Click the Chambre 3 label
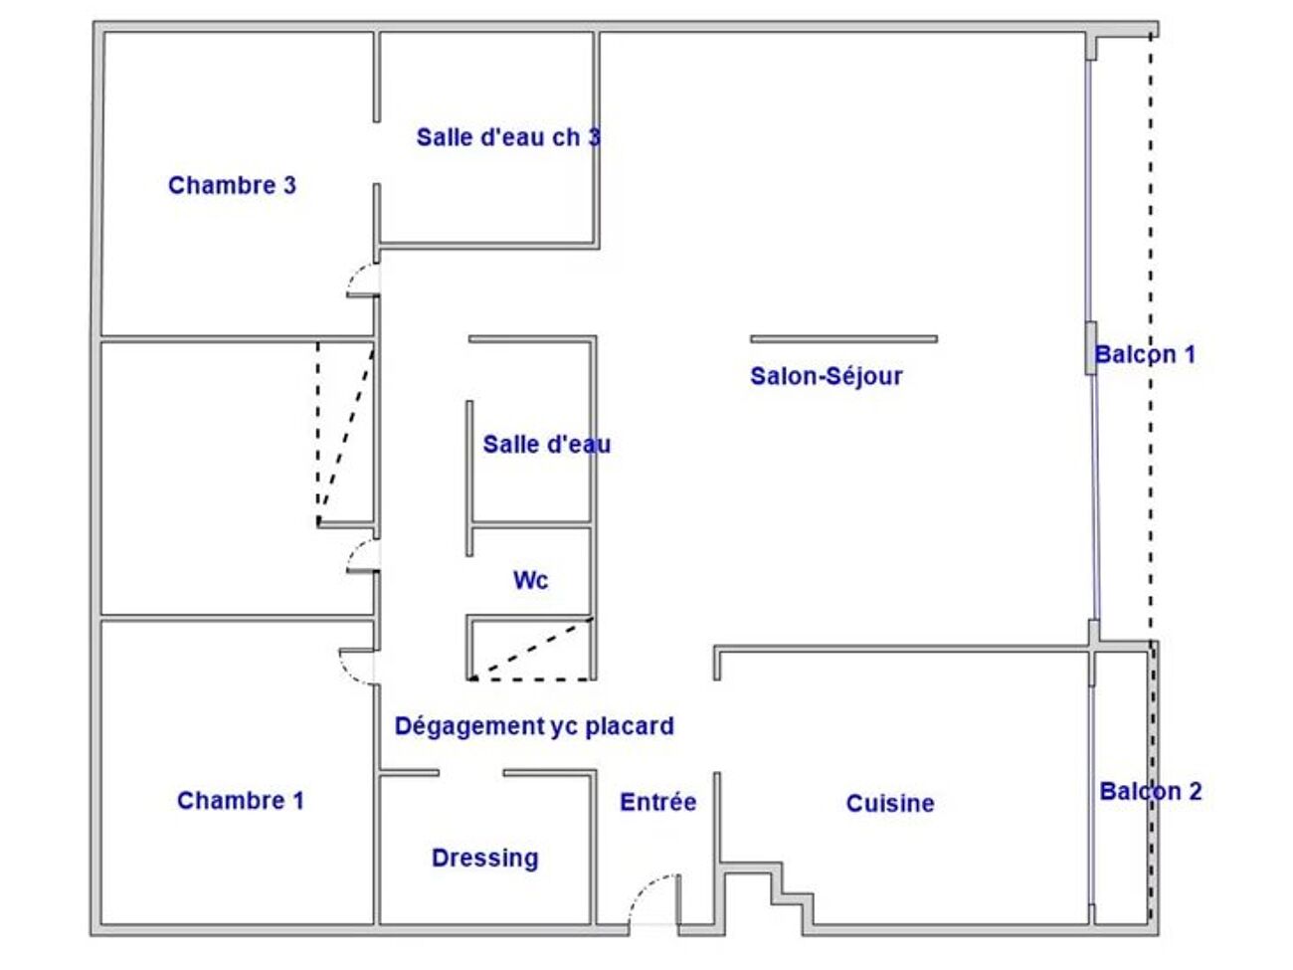pyautogui.click(x=232, y=185)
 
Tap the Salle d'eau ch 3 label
pyautogui.click(x=508, y=138)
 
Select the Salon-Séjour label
pyautogui.click(x=826, y=376)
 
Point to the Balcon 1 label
pyautogui.click(x=1145, y=354)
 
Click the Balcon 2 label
pyautogui.click(x=1151, y=792)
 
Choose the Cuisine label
pyautogui.click(x=890, y=803)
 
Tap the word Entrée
pyautogui.click(x=658, y=802)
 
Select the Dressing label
pyautogui.click(x=484, y=859)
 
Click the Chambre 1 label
pyautogui.click(x=241, y=801)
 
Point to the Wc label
pyautogui.click(x=530, y=581)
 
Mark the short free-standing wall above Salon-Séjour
pyautogui.click(x=843, y=339)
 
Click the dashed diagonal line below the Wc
pyautogui.click(x=531, y=649)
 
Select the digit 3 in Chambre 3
pyautogui.click(x=289, y=185)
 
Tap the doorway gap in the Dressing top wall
pyautogui.click(x=470, y=772)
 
